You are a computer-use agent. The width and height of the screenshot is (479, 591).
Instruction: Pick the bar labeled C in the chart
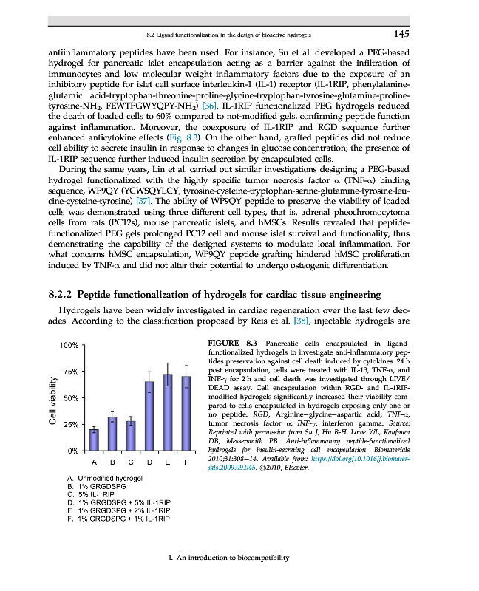tap(131, 435)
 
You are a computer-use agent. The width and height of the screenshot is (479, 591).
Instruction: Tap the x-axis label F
tap(186, 462)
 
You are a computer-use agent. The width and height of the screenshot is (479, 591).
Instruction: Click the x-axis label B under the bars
tap(112, 462)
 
